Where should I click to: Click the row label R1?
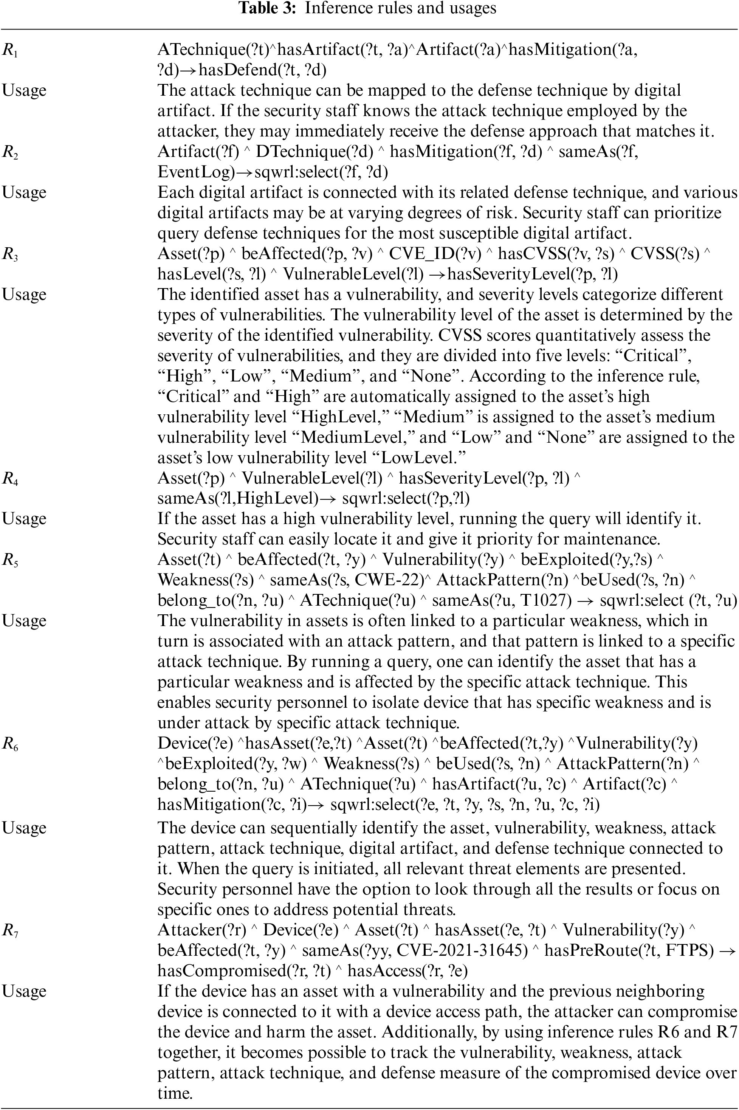(10, 50)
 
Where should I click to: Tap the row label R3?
(10, 254)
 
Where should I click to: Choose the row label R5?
(10, 560)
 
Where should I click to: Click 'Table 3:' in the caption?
(268, 8)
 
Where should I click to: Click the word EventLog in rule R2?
(195, 172)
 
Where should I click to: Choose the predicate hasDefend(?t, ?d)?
(262, 70)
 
